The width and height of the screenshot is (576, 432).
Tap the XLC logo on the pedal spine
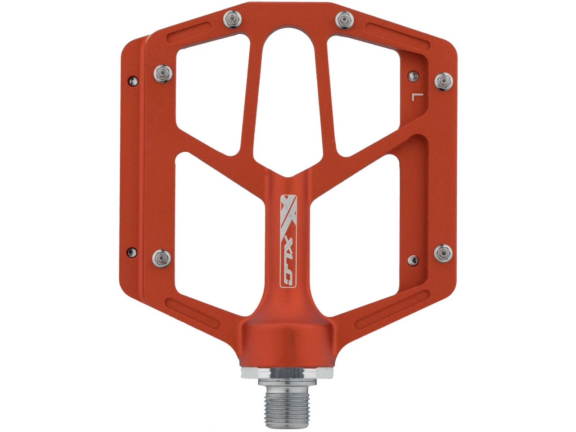pyautogui.click(x=288, y=241)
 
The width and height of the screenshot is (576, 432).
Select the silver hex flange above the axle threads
pyautogui.click(x=287, y=373)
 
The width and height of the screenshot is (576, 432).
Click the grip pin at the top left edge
pyautogui.click(x=233, y=19)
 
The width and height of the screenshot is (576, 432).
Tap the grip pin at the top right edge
pyautogui.click(x=345, y=19)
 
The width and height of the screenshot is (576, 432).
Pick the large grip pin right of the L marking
pyautogui.click(x=444, y=81)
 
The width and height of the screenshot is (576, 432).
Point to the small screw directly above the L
pyautogui.click(x=413, y=76)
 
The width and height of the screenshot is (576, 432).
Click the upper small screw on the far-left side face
pyautogui.click(x=133, y=81)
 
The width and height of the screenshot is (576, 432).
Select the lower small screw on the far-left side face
pyautogui.click(x=132, y=252)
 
